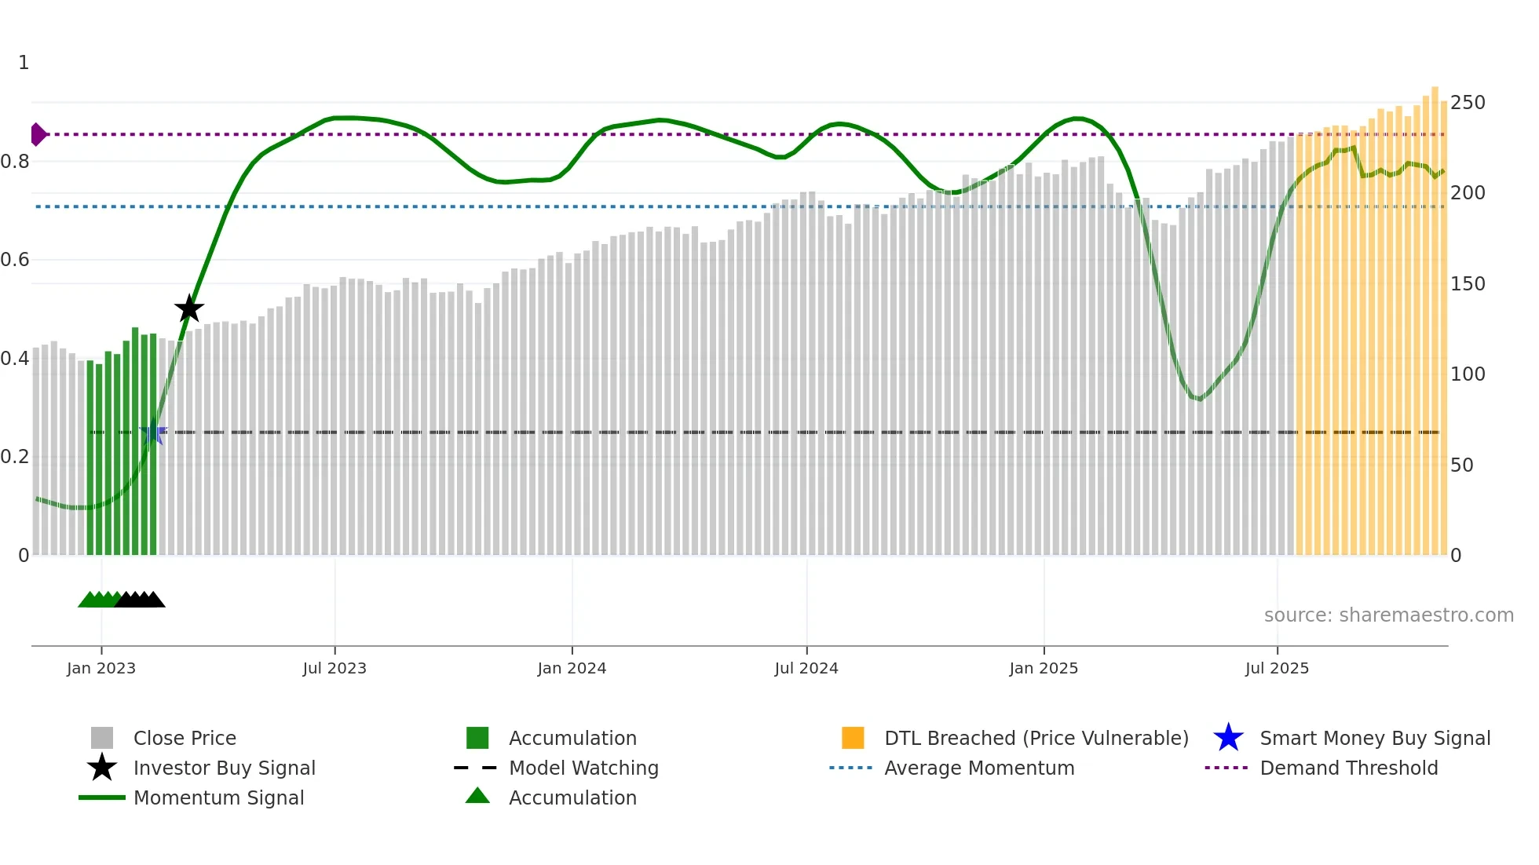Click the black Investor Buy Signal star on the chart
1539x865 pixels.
tap(188, 309)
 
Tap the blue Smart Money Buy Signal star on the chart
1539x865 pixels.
tap(153, 432)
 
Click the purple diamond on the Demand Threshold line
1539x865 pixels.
tap(38, 134)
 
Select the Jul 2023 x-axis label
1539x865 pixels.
tap(334, 668)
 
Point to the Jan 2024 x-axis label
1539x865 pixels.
tap(572, 668)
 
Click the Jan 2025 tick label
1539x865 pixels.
tap(1044, 668)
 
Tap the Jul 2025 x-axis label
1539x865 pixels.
tap(1277, 668)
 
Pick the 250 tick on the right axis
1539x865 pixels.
tap(1468, 103)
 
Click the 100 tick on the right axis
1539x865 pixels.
tap(1468, 374)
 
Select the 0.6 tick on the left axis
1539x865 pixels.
tap(16, 260)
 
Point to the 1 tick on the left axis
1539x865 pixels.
tap(24, 63)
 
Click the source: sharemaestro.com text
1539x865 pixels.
tap(1388, 615)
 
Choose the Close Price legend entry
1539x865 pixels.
tap(185, 739)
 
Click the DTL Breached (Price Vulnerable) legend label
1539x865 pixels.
tap(1036, 739)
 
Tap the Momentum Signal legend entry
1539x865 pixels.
tap(218, 798)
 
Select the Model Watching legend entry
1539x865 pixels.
tap(583, 768)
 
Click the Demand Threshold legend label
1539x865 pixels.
tap(1349, 768)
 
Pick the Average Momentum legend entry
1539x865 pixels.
tap(979, 768)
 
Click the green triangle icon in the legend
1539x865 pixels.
tap(477, 797)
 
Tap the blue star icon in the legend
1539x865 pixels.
tap(1228, 738)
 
